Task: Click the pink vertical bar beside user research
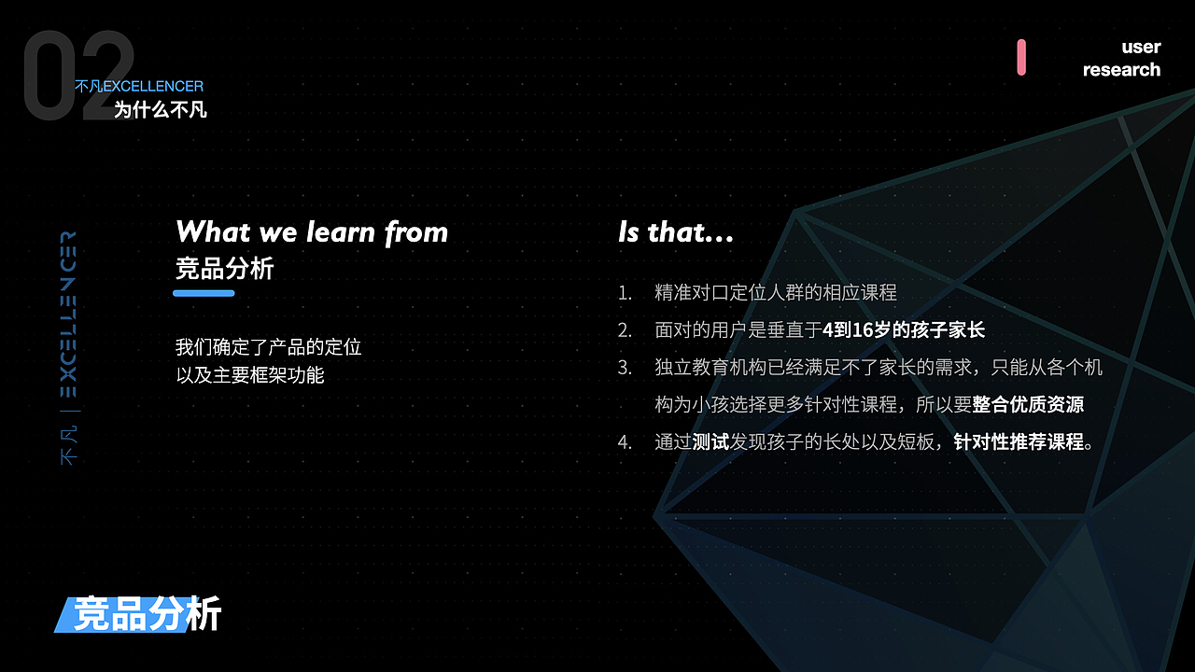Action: point(1021,57)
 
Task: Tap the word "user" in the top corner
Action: point(1141,47)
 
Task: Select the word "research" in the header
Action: point(1121,69)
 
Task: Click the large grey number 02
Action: point(78,76)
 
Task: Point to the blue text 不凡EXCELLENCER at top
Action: point(139,86)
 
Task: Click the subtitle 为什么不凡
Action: point(160,110)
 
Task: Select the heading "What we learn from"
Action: point(312,232)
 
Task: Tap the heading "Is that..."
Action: point(676,232)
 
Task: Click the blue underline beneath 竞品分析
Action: point(204,293)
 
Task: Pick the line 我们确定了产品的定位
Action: point(268,347)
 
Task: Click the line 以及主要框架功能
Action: point(249,375)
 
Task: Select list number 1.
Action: point(625,293)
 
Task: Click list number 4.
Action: point(625,442)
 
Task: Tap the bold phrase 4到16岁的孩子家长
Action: point(904,330)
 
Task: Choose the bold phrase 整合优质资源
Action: point(1028,405)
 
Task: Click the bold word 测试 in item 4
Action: point(710,442)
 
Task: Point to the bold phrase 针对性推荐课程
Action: point(1019,442)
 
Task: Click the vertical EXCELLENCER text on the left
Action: point(68,315)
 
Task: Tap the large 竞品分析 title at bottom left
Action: point(147,614)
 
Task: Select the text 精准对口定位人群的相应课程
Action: point(776,293)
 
